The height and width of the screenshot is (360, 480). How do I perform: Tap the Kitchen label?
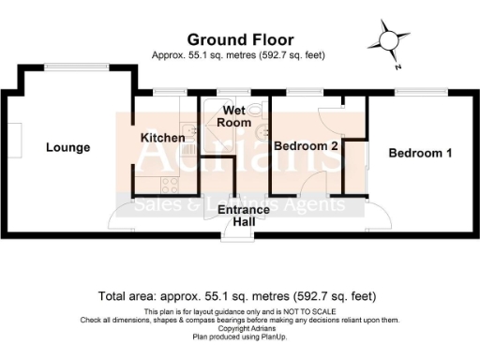(x=162, y=138)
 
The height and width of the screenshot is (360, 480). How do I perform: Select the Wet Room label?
(x=234, y=116)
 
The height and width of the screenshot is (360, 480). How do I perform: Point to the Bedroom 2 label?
(x=306, y=146)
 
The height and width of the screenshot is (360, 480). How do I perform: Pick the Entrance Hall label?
(x=243, y=216)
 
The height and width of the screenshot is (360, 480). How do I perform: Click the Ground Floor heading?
(x=240, y=39)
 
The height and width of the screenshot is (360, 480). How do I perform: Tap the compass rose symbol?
(x=387, y=42)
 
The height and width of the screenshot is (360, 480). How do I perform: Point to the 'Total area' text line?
(x=240, y=296)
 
